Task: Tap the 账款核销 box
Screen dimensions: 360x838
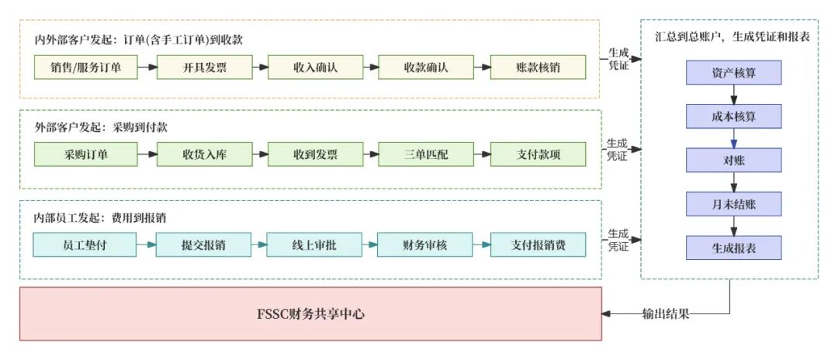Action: tap(538, 67)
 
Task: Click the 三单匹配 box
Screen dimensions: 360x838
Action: tap(426, 154)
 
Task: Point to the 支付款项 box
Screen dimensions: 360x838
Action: tap(538, 154)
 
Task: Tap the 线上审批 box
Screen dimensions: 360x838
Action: tap(315, 245)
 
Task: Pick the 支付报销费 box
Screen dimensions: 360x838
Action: tap(538, 245)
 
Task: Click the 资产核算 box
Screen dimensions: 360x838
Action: tap(733, 73)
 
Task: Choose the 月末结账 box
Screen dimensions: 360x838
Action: tap(733, 204)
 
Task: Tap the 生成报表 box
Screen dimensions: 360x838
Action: tap(733, 247)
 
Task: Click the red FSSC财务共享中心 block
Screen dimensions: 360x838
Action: tap(310, 313)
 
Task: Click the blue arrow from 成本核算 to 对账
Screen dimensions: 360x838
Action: tap(733, 138)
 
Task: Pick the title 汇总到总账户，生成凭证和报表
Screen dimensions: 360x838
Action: tap(729, 37)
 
